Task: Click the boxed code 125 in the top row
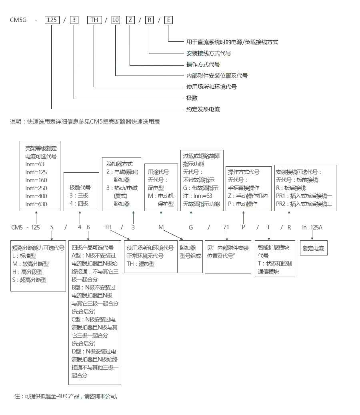pyautogui.click(x=52, y=20)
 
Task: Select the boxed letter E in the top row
pyautogui.click(x=168, y=20)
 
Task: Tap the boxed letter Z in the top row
pyautogui.click(x=130, y=20)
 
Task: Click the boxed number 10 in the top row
pyautogui.click(x=115, y=20)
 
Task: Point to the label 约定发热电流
pyautogui.click(x=203, y=109)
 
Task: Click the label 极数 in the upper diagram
pyautogui.click(x=192, y=98)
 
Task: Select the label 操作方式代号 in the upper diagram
pyautogui.click(x=203, y=64)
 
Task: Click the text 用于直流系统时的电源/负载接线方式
pyautogui.click(x=232, y=42)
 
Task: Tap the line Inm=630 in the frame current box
pyautogui.click(x=36, y=204)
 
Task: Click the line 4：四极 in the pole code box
pyautogui.click(x=79, y=204)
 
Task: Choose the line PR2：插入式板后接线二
pyautogui.click(x=304, y=204)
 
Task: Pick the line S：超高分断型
pyautogui.click(x=30, y=280)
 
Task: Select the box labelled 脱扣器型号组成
pyautogui.click(x=190, y=252)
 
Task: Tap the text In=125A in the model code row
pyautogui.click(x=312, y=227)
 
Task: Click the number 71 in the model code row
pyautogui.click(x=226, y=227)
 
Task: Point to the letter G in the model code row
pyautogui.click(x=191, y=227)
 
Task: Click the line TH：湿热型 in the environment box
pyautogui.click(x=141, y=264)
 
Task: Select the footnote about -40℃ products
pyautogui.click(x=66, y=396)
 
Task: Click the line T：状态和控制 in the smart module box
pyautogui.click(x=275, y=263)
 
